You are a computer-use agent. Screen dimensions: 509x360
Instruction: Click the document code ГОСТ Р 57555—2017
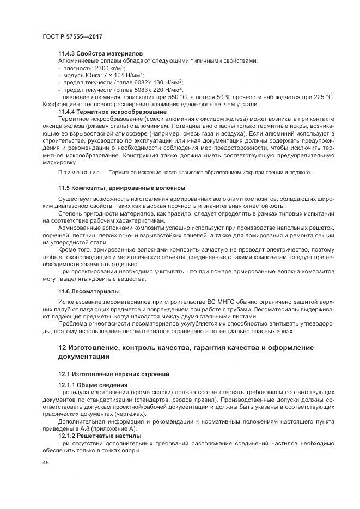coord(72,36)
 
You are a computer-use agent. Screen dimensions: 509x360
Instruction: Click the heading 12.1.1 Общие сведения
coord(93,385)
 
